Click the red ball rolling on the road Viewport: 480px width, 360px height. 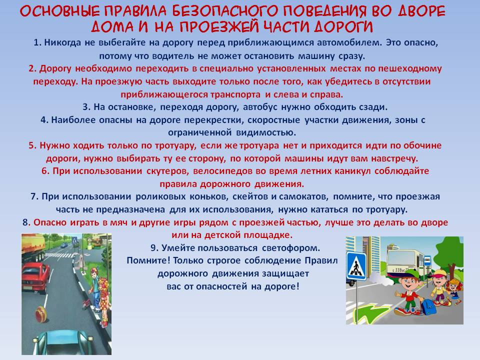[x=40, y=314]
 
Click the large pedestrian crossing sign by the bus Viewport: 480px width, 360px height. [x=356, y=265]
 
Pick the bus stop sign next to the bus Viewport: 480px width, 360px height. [x=427, y=260]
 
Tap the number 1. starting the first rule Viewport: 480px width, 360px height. [x=37, y=42]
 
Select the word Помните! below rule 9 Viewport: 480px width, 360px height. [x=148, y=260]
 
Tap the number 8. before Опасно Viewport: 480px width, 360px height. [x=26, y=222]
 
